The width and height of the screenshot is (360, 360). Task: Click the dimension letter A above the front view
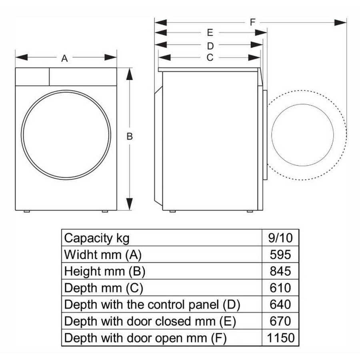(x=64, y=58)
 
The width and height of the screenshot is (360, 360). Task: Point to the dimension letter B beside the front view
(x=130, y=136)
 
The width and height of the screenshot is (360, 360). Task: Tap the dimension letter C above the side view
(x=210, y=57)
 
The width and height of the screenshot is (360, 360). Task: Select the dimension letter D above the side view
(x=210, y=46)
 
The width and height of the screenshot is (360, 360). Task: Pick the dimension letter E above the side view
(x=210, y=33)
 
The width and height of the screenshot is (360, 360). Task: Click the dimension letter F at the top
(x=252, y=22)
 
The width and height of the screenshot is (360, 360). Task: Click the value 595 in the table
(x=280, y=254)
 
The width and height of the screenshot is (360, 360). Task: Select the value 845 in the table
(x=280, y=271)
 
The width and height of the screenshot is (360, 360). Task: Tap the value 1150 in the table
(x=280, y=338)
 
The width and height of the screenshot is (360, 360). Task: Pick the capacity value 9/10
(x=280, y=238)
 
